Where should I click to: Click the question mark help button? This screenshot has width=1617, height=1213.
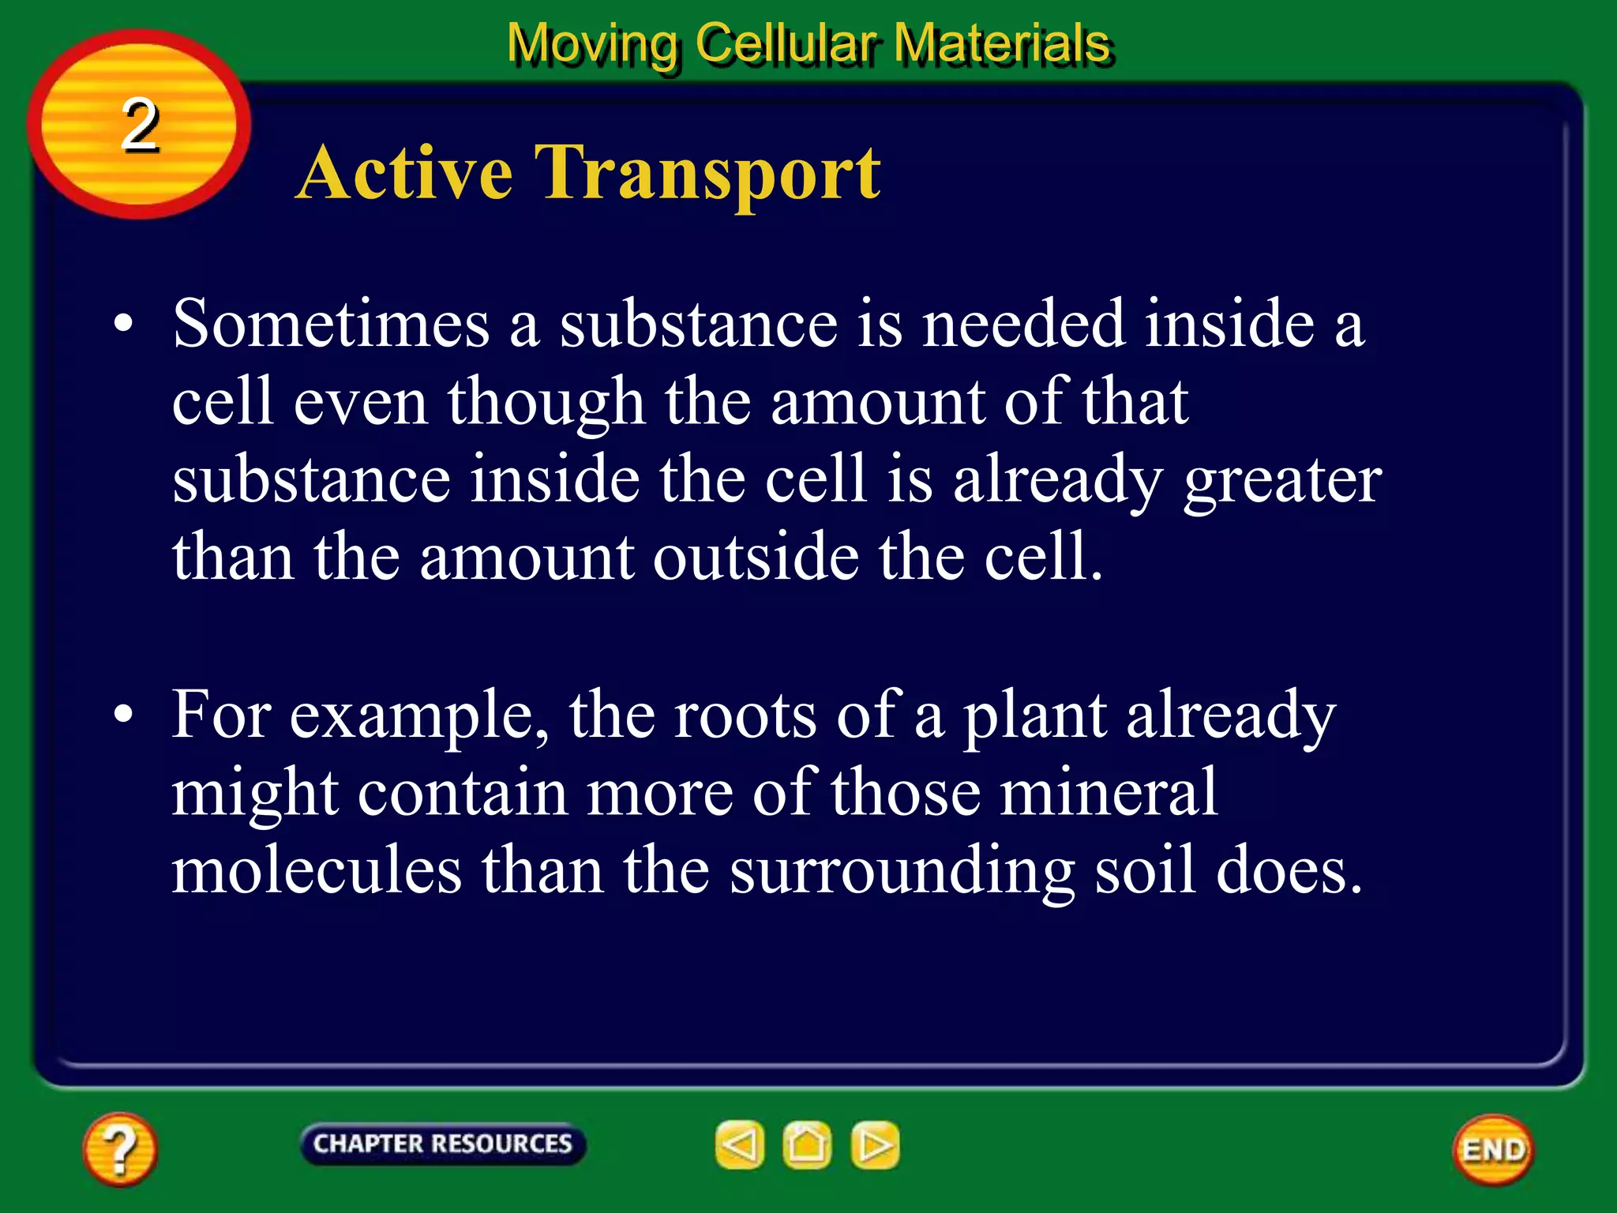point(120,1149)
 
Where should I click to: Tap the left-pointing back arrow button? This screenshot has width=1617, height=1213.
point(740,1144)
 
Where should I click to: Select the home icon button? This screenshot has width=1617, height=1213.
point(807,1144)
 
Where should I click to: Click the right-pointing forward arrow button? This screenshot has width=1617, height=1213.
point(875,1144)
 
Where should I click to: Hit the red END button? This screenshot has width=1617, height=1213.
point(1493,1150)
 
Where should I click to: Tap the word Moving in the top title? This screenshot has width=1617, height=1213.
point(592,44)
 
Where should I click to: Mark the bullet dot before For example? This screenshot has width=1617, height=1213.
point(123,715)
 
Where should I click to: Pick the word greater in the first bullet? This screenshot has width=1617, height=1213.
point(1282,482)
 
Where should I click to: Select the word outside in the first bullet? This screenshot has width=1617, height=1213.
point(756,558)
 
